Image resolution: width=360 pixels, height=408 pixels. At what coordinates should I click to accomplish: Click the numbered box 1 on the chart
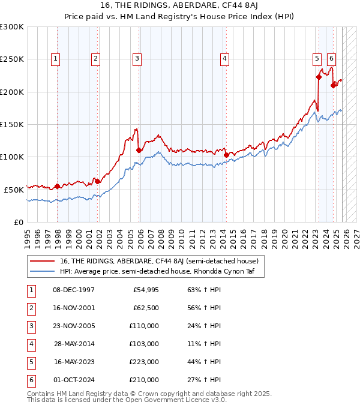(x=55, y=58)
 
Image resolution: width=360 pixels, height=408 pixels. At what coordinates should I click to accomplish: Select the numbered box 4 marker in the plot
(x=224, y=58)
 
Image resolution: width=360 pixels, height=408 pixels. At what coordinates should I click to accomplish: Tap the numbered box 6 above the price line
(x=331, y=58)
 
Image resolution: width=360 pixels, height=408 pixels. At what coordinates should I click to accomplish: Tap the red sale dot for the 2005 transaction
(x=139, y=150)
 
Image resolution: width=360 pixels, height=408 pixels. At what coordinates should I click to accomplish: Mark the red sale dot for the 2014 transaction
(x=226, y=155)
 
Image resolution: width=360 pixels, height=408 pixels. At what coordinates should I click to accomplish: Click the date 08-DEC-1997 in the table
(x=74, y=290)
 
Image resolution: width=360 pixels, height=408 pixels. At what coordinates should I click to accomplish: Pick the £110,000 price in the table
(x=144, y=326)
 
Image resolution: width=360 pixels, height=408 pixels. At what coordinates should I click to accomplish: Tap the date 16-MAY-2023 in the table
(x=74, y=362)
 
